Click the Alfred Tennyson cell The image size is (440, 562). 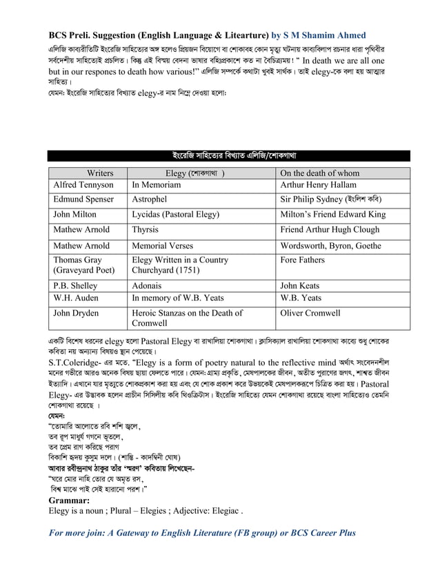click(x=83, y=185)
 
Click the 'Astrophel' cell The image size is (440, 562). click(x=150, y=199)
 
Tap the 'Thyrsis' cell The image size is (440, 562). click(x=146, y=230)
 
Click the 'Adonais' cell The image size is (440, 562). click(x=148, y=285)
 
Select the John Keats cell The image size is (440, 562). click(x=300, y=285)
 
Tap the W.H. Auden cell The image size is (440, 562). click(x=78, y=298)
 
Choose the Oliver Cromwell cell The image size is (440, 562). click(x=310, y=313)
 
